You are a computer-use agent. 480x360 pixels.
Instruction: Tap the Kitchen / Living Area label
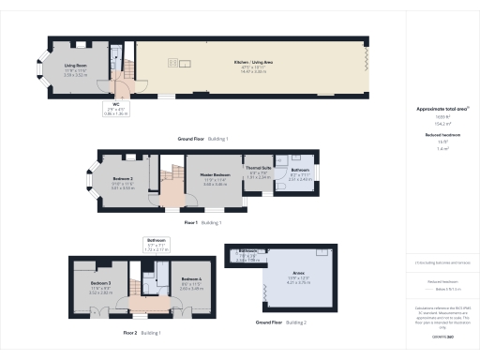pyautogui.click(x=247, y=63)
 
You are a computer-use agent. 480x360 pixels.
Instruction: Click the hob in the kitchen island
pyautogui.click(x=174, y=63)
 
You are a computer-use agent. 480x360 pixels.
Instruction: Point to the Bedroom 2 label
pyautogui.click(x=122, y=177)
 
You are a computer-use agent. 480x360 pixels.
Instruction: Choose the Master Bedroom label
pyautogui.click(x=215, y=175)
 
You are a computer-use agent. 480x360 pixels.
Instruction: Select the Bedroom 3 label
pyautogui.click(x=100, y=282)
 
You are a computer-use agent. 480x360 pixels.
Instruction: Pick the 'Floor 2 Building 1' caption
pyautogui.click(x=142, y=332)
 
